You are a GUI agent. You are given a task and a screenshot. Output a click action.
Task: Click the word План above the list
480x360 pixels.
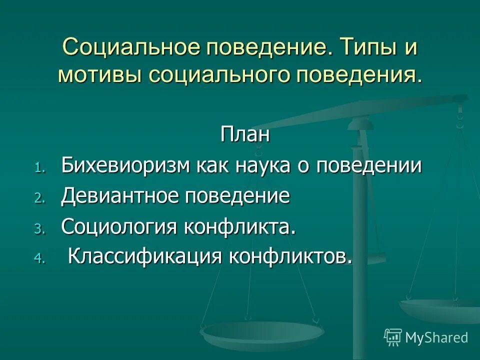(245, 135)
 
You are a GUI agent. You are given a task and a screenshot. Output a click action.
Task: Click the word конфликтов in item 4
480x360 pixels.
(290, 257)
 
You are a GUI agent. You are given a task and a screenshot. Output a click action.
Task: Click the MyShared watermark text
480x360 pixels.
(436, 337)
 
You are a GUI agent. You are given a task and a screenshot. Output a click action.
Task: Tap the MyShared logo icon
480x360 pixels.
(393, 337)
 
